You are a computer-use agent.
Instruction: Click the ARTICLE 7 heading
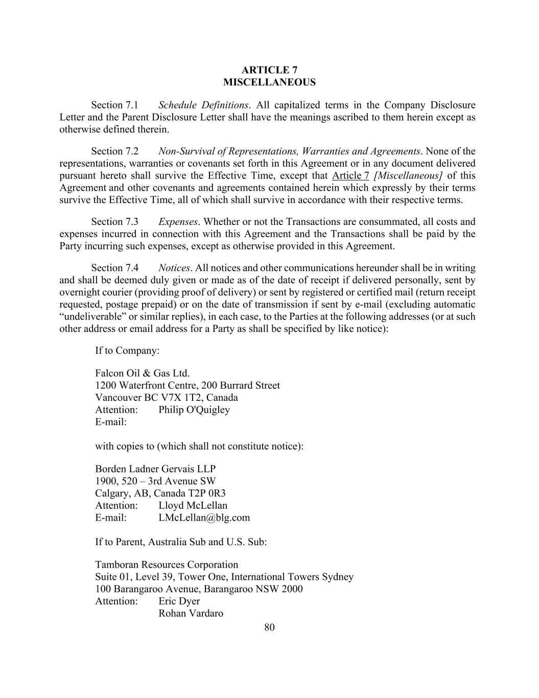[x=269, y=70]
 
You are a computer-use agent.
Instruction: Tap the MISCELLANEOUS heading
[x=269, y=82]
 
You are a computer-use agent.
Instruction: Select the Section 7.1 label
[x=114, y=105]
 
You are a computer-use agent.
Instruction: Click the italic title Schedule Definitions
[x=203, y=105]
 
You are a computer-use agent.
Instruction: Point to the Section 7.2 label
[x=114, y=151]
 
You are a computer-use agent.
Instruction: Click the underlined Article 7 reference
[x=350, y=176]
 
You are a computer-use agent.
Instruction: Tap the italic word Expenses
[x=177, y=222]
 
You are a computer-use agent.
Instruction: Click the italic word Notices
[x=174, y=268]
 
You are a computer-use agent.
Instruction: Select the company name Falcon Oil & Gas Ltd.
[x=142, y=373]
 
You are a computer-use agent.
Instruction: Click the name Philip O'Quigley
[x=194, y=410]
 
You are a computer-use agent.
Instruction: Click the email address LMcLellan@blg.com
[x=204, y=517]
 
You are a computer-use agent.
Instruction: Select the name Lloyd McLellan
[x=193, y=506]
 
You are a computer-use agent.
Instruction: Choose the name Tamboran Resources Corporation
[x=167, y=565]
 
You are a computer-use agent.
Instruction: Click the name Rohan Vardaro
[x=191, y=614]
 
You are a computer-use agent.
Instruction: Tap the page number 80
[x=270, y=627]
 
